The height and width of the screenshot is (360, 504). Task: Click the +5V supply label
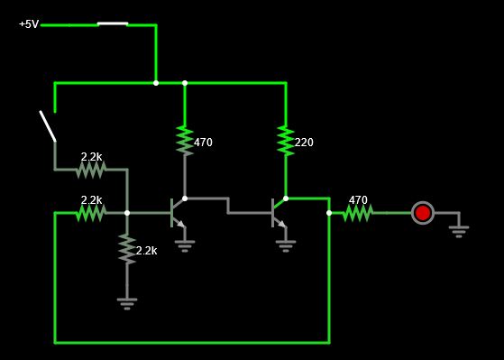point(29,24)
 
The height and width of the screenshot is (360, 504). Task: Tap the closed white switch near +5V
point(113,24)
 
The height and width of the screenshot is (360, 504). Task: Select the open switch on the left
point(47,126)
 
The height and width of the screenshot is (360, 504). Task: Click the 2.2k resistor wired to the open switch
point(91,169)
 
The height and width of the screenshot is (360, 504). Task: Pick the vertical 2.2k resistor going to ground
point(127,248)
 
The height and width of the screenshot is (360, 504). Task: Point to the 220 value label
point(305,143)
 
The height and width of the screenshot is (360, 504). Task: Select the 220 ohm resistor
point(286,140)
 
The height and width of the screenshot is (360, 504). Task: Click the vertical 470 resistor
point(185,140)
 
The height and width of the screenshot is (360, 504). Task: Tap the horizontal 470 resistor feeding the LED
point(358,213)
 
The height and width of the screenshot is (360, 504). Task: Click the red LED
point(422,213)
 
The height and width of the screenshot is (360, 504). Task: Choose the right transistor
point(279,213)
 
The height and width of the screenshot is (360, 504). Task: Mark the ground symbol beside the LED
point(459,230)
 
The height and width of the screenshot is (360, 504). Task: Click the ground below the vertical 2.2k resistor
point(127,303)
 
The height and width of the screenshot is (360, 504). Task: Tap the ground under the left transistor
point(185,244)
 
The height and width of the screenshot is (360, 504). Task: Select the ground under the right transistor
point(286,244)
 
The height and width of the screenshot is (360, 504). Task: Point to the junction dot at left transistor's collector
point(185,198)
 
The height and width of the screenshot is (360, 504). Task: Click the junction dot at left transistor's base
point(127,213)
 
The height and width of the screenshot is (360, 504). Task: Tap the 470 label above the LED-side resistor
point(358,200)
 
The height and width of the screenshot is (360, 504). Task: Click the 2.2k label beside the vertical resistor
point(146,251)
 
